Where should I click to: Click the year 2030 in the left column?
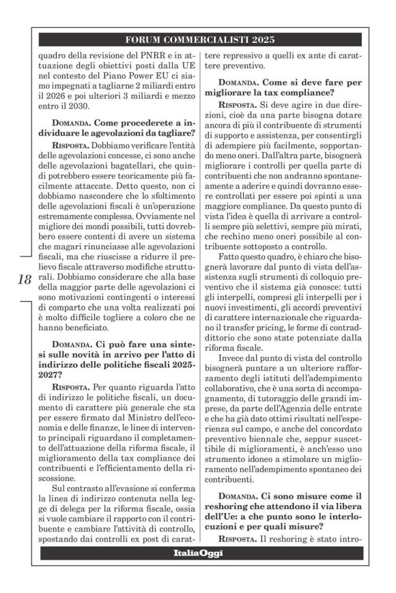pos(77,106)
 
